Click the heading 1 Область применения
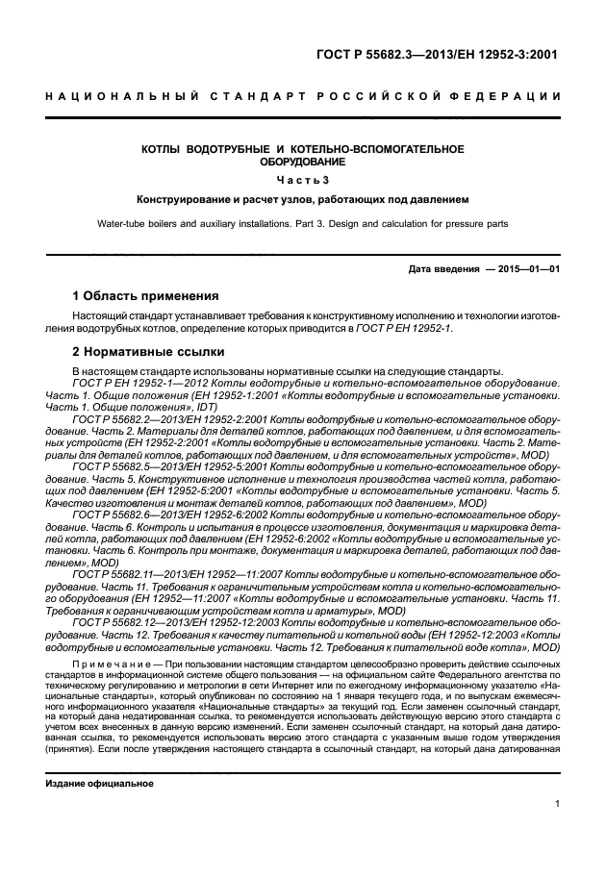point(146,296)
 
